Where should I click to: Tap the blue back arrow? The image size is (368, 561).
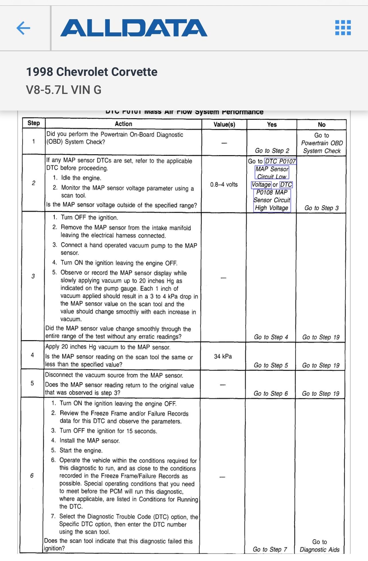(23, 28)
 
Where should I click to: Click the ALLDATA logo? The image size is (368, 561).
(134, 28)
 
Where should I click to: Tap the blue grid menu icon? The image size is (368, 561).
(343, 28)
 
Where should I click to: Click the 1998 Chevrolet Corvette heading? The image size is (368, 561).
(92, 72)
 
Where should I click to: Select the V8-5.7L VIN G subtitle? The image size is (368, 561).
(64, 90)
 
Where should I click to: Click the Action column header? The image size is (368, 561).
(123, 124)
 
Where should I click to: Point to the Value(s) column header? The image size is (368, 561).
(224, 124)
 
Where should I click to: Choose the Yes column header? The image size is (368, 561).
(272, 125)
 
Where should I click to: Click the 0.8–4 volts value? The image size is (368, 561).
(224, 184)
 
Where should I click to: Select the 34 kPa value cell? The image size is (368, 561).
(223, 356)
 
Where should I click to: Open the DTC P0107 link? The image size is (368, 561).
(280, 161)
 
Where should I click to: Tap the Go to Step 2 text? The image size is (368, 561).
(272, 151)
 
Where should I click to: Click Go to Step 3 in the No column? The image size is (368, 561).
(321, 208)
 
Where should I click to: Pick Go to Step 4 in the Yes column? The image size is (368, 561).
(271, 337)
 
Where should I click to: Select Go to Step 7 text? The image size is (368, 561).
(270, 549)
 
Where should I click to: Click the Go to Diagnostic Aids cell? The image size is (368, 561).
(320, 546)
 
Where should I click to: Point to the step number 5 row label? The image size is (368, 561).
(32, 383)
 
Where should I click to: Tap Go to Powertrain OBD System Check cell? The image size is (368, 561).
(322, 143)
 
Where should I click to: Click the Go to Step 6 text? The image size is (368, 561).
(271, 393)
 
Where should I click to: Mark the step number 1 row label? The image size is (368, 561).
(34, 141)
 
